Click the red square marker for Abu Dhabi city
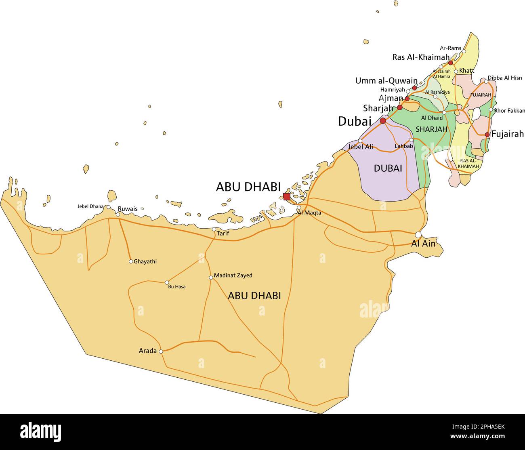click(286, 197)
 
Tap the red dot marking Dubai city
click(383, 120)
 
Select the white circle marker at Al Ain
click(418, 235)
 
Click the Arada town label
click(147, 351)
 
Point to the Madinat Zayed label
click(233, 275)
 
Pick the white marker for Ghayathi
click(131, 261)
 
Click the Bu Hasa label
click(177, 286)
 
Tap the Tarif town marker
click(214, 229)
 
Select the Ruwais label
click(127, 209)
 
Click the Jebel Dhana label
click(90, 206)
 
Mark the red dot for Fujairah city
click(487, 135)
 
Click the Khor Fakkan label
click(510, 111)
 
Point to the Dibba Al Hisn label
click(504, 78)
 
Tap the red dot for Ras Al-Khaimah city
click(451, 63)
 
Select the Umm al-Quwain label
click(386, 81)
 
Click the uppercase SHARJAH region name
click(431, 129)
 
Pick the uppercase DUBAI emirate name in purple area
click(388, 168)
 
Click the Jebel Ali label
click(360, 147)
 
